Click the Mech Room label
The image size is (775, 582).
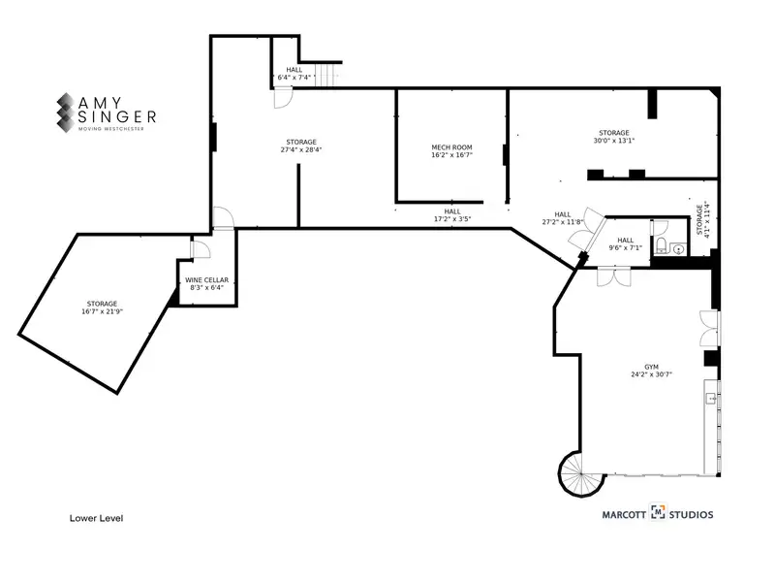[451, 147]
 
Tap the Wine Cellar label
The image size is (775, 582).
[206, 280]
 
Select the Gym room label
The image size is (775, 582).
[651, 368]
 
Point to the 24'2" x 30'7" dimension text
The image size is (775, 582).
[651, 374]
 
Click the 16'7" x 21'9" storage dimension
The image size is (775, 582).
[103, 311]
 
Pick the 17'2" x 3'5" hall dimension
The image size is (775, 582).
[452, 219]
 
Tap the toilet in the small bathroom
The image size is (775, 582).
[661, 245]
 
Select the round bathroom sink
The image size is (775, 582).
[680, 248]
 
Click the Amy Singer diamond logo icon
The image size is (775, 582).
[66, 113]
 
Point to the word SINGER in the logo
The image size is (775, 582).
[117, 116]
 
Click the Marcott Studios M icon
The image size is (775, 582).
[658, 512]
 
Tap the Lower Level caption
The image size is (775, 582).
[96, 518]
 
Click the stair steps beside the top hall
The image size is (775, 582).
[326, 76]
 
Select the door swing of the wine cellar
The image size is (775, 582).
[201, 250]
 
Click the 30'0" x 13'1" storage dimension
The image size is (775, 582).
[614, 141]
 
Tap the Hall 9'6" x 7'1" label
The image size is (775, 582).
[625, 244]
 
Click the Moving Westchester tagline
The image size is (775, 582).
[111, 129]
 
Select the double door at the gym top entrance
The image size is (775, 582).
[614, 276]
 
